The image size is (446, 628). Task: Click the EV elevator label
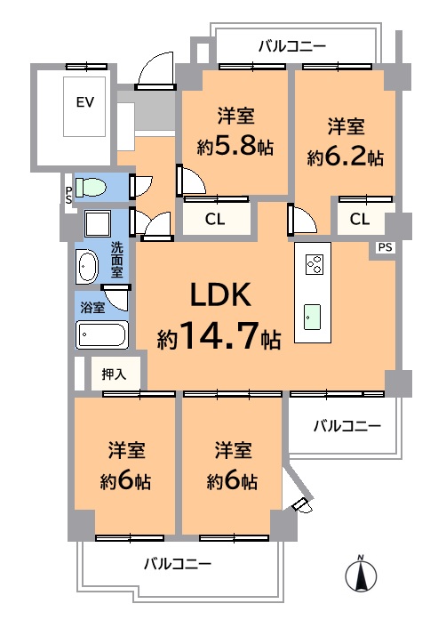[x=84, y=102]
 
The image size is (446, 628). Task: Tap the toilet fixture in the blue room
[x=91, y=188]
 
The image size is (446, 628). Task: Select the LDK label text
[x=221, y=294]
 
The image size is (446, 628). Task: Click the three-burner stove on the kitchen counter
[x=315, y=265]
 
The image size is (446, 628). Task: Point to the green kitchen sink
[x=312, y=318]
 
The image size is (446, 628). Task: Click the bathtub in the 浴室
[x=102, y=334]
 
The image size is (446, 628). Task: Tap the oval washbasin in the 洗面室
[x=88, y=266]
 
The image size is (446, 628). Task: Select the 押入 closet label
[x=114, y=374]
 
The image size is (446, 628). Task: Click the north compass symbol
[x=361, y=574]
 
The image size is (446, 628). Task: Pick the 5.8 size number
[x=235, y=147]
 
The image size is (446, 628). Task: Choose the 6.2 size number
[x=346, y=157]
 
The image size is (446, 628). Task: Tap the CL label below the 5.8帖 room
[x=215, y=219]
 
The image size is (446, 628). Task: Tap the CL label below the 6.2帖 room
[x=360, y=219]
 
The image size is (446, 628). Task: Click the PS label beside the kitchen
[x=386, y=247]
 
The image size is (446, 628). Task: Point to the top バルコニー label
[x=292, y=46]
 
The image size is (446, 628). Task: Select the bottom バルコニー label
[x=177, y=564]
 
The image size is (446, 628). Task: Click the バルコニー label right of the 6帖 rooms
[x=346, y=425]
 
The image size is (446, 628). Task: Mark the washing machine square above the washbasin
[x=97, y=223]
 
